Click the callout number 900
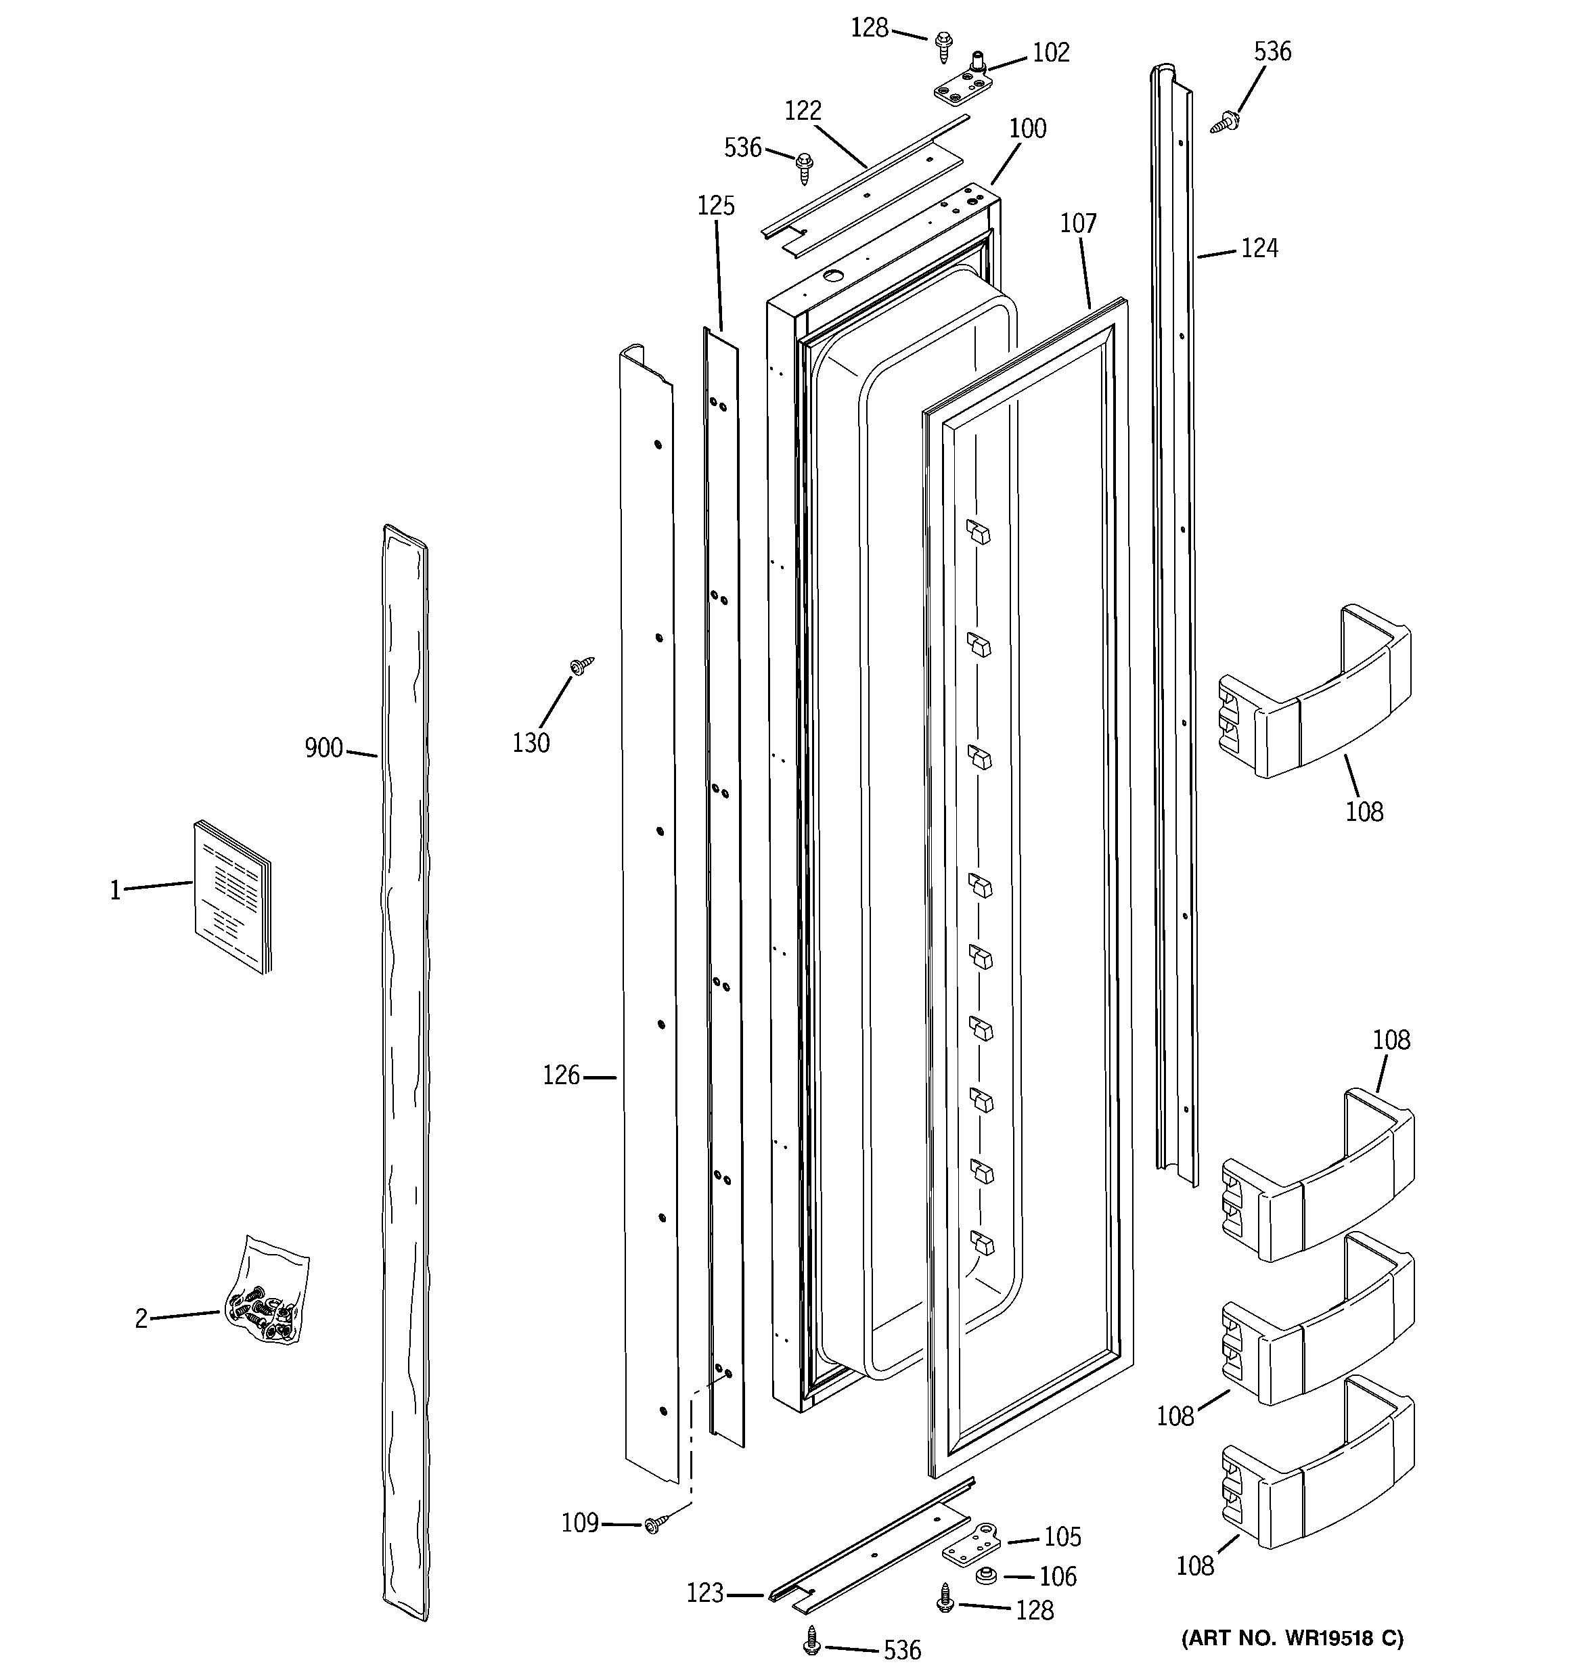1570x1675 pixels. coord(323,747)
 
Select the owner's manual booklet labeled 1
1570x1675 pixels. coord(233,897)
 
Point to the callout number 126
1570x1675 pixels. coord(560,1075)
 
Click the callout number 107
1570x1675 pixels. coord(1078,223)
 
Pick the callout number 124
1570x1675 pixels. coord(1259,248)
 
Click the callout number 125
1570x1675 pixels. coord(715,206)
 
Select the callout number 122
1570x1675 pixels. coord(803,110)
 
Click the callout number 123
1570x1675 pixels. coord(705,1592)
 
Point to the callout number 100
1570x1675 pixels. coord(1027,129)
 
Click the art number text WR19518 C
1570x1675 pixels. coord(1292,1638)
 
